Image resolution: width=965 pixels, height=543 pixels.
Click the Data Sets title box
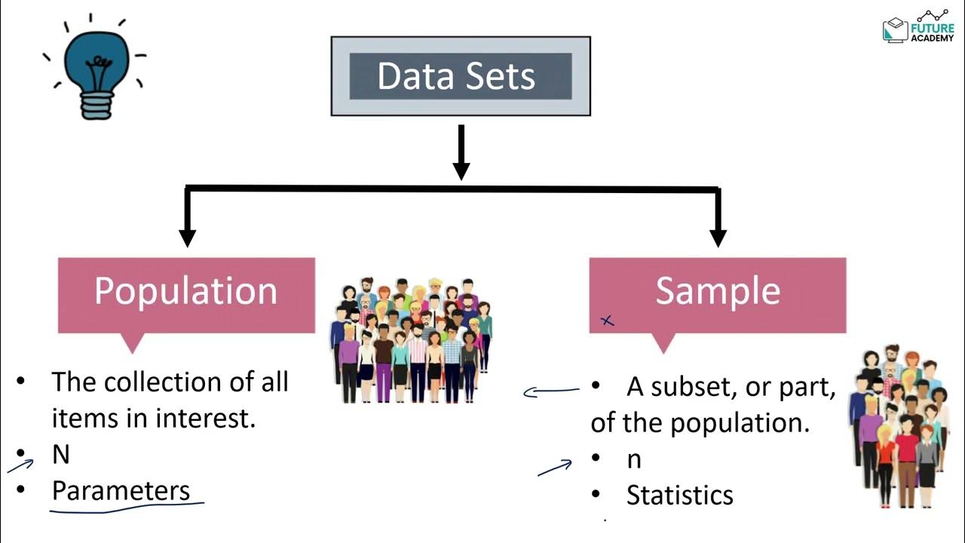coord(460,77)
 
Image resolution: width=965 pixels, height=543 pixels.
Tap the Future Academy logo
coord(918,29)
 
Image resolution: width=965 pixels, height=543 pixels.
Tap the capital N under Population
coord(60,456)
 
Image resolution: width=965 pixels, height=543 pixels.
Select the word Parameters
coord(121,491)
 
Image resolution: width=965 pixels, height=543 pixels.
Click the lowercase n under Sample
coord(634,459)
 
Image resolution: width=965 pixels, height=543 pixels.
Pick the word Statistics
coord(679,495)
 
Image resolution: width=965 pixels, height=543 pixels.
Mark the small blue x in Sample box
coord(607,321)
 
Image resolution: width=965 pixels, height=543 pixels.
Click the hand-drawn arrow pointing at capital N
coord(21,465)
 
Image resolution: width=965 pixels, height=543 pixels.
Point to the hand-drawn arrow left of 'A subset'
coord(550,391)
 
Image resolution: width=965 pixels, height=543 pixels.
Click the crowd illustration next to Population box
coord(411,339)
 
